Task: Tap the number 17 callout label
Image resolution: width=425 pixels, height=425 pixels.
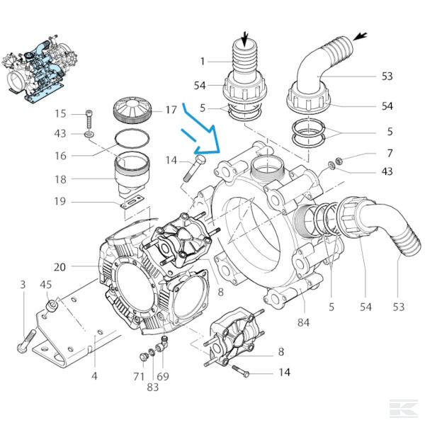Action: click(171, 110)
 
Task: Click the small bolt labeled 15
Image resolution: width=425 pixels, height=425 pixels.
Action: click(89, 117)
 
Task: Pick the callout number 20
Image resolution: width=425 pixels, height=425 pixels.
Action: click(59, 267)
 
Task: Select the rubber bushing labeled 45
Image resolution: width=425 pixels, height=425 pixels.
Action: click(51, 307)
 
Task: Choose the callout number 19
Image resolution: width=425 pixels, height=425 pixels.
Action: click(59, 202)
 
